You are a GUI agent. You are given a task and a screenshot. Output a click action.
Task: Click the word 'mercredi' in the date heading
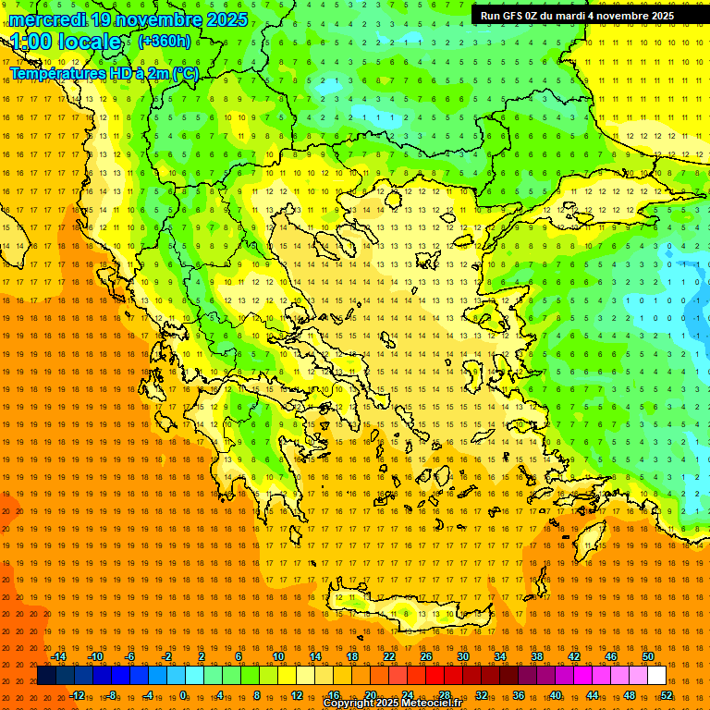44,19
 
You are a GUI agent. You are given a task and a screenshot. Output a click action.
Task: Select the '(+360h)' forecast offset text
165,41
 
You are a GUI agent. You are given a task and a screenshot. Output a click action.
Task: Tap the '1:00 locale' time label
67,42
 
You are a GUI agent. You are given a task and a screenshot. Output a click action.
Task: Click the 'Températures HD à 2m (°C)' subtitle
104,73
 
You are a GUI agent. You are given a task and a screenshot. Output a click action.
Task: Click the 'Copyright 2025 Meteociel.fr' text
392,704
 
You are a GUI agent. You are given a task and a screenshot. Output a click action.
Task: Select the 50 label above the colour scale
647,656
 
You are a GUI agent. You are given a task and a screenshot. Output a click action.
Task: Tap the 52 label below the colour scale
667,695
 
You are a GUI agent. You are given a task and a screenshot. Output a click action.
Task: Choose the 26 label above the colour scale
426,656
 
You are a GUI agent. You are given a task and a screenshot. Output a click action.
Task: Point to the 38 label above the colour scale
537,656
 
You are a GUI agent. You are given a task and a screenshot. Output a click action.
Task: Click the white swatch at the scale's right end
656,676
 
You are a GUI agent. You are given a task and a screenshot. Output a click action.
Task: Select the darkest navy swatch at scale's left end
46,676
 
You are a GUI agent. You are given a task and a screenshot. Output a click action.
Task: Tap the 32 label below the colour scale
482,695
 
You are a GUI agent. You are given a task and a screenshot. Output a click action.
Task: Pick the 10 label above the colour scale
278,656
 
